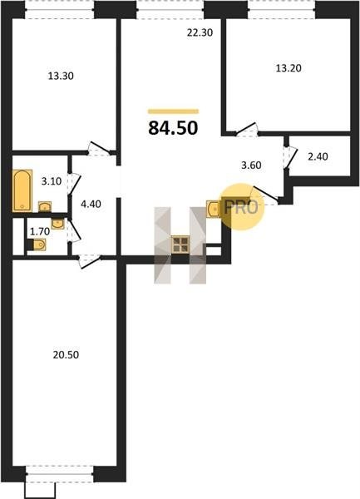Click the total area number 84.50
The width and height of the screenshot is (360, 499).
click(173, 128)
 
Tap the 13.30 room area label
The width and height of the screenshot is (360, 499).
click(61, 76)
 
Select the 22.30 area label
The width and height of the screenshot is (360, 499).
click(200, 32)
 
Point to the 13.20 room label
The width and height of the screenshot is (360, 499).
click(288, 68)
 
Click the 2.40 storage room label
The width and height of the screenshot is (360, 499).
click(318, 156)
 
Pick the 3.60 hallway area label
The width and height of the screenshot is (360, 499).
click(252, 166)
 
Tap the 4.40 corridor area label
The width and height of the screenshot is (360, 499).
click(91, 204)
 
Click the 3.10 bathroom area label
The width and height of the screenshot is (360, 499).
click(52, 181)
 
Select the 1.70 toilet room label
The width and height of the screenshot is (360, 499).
click(40, 231)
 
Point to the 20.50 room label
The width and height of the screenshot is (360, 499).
click(66, 355)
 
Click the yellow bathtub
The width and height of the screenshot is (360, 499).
click(22, 190)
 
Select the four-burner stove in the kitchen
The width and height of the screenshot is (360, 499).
click(180, 245)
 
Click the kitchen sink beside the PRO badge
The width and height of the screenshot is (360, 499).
click(214, 209)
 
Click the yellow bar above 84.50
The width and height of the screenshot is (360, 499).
click(173, 111)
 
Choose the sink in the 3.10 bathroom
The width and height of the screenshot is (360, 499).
click(45, 207)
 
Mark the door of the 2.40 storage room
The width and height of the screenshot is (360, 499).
click(290, 156)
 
